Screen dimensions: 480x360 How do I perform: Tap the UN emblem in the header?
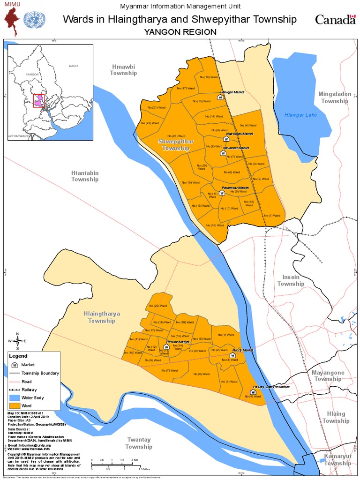click(33, 19)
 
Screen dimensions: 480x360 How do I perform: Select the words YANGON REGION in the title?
click(180, 32)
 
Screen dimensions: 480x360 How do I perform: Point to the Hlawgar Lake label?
click(301, 115)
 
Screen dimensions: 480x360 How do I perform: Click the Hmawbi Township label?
click(123, 69)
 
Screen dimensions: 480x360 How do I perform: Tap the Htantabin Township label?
click(85, 176)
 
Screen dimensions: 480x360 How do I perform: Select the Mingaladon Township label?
click(335, 97)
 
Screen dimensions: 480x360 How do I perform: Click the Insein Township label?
click(291, 280)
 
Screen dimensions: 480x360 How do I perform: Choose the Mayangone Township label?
click(328, 376)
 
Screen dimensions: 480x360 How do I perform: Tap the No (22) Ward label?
click(152, 123)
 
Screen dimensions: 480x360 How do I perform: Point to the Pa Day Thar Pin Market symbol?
click(253, 392)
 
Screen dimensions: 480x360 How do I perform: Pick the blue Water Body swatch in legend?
click(15, 397)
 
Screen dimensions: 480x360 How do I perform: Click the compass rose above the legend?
click(17, 341)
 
